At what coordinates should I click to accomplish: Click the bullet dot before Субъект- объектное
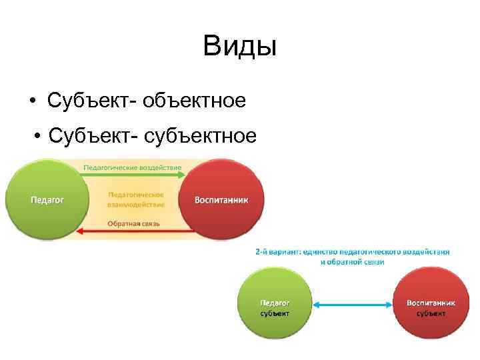(33, 101)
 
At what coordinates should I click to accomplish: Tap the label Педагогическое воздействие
(133, 167)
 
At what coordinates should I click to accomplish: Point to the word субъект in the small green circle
(275, 313)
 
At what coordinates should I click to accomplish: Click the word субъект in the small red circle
(431, 313)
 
